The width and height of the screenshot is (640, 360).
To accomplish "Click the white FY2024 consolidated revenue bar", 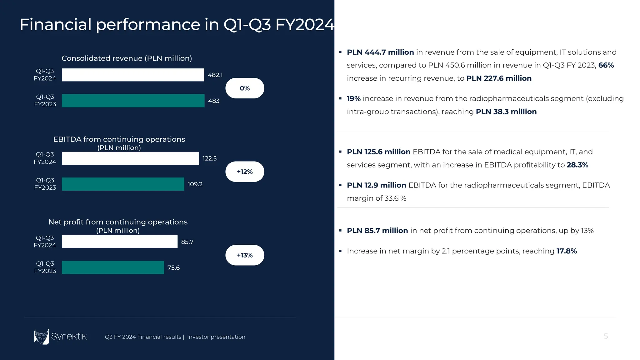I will coord(133,75).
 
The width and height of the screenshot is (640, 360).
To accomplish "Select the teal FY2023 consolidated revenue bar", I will coord(133,101).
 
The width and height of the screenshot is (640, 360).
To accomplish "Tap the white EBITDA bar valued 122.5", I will coord(130,158).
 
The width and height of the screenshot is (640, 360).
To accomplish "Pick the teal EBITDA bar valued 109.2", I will coord(123,184).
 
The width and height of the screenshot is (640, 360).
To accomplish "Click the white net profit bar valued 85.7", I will coord(119,242).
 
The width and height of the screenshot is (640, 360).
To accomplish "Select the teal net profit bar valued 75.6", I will coord(113,267).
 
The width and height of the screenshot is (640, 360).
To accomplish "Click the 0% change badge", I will coord(245,88).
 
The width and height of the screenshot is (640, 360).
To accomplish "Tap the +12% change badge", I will coord(245,172).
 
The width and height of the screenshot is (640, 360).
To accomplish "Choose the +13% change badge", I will coord(245,255).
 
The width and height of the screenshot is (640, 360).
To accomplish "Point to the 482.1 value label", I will coord(215,75).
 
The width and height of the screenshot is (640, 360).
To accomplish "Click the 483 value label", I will coord(214,101).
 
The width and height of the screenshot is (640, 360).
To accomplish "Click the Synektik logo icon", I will coord(42,337).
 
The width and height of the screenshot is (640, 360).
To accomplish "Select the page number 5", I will coord(606,336).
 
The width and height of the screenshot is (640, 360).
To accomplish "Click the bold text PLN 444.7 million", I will coord(380,52).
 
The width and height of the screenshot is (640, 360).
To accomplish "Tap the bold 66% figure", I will coord(606,65).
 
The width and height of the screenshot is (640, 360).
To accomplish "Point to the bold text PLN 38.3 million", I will coord(506,112).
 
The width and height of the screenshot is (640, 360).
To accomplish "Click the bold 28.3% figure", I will coord(577,165).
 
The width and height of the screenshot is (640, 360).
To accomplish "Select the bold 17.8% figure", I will coord(567,251).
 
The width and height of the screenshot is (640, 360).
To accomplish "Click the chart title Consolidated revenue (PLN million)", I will coord(127,58).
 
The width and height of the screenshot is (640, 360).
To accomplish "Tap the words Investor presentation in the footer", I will coord(216,337).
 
